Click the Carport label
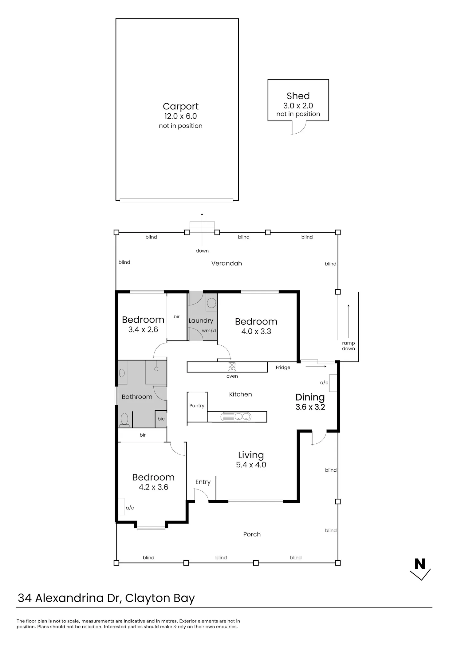pyautogui.click(x=181, y=106)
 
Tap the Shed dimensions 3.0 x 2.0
pyautogui.click(x=298, y=106)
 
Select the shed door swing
pyautogui.click(x=299, y=128)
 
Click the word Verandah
pyautogui.click(x=227, y=263)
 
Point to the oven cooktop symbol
pyautogui.click(x=232, y=367)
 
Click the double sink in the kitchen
pyautogui.click(x=236, y=417)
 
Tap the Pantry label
pyautogui.click(x=197, y=406)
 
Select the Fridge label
pyautogui.click(x=283, y=367)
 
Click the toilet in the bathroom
pyautogui.click(x=124, y=420)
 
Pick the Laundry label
pyautogui.click(x=201, y=320)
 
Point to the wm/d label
pyautogui.click(x=209, y=331)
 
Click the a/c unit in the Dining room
pyautogui.click(x=333, y=383)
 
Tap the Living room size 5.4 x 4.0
pyautogui.click(x=251, y=465)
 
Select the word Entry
pyautogui.click(x=203, y=482)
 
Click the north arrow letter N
pyautogui.click(x=420, y=564)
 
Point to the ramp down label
pyautogui.click(x=349, y=346)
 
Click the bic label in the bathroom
pyautogui.click(x=161, y=419)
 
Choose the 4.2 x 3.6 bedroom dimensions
pyautogui.click(x=153, y=487)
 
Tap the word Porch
pyautogui.click(x=252, y=534)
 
